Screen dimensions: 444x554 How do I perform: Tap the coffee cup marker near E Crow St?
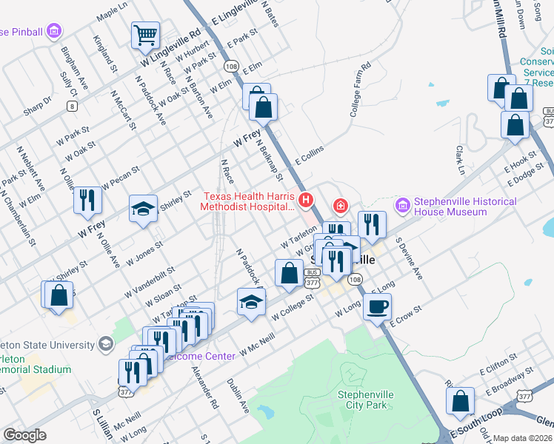[378, 306]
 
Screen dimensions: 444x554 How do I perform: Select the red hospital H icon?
[304, 200]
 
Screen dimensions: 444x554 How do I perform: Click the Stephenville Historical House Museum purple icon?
[403, 203]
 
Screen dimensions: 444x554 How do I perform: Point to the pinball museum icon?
[53, 31]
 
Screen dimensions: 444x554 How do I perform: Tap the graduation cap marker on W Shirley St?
[143, 207]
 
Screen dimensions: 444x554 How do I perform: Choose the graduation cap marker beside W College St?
[251, 301]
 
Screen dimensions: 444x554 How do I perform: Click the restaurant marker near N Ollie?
[88, 198]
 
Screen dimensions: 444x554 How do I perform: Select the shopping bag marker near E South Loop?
[461, 401]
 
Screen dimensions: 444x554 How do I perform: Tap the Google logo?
[24, 435]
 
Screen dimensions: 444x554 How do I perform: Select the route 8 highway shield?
[72, 106]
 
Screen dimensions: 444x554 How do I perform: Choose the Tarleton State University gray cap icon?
[106, 345]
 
